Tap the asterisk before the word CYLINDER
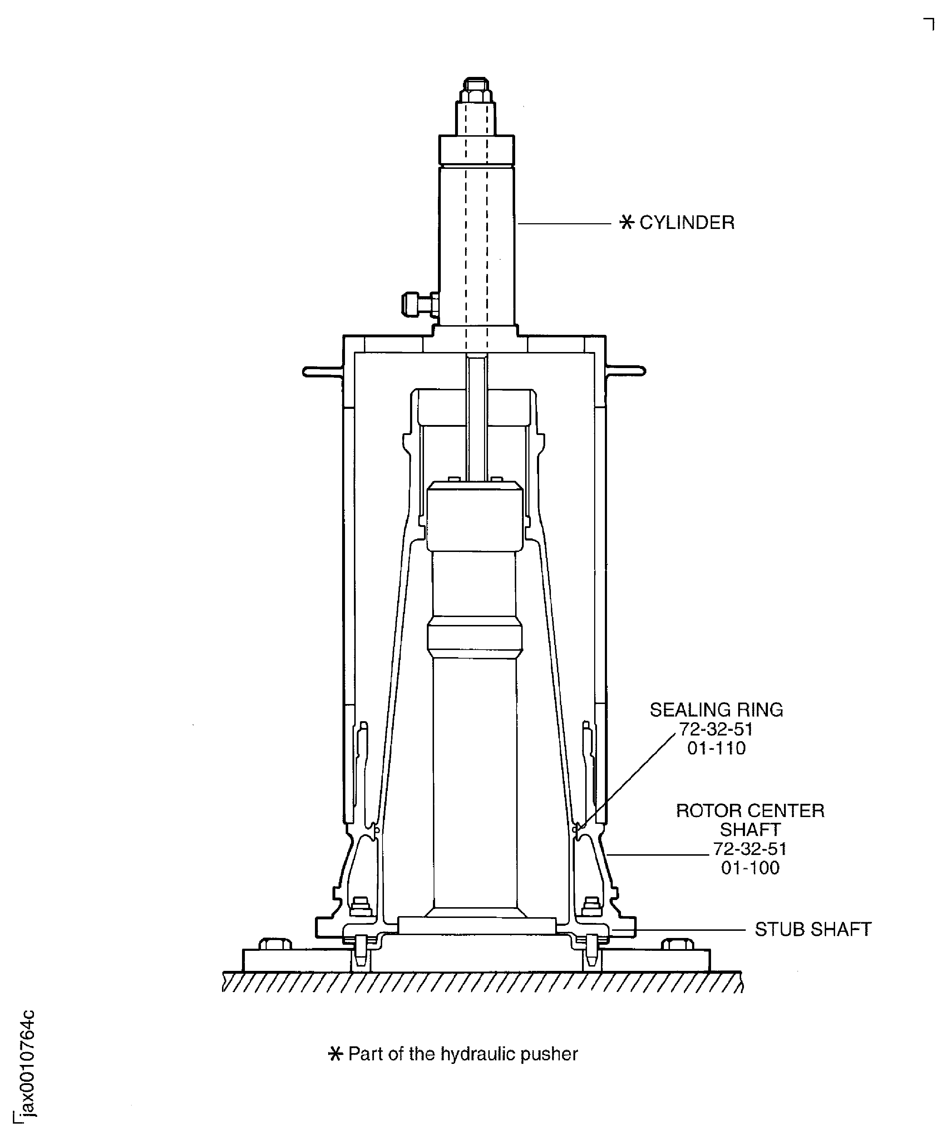[626, 223]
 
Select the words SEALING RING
[716, 710]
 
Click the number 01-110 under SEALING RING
[716, 748]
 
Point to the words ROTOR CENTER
[750, 811]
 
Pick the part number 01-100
[750, 868]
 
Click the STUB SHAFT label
[812, 930]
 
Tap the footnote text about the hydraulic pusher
[463, 1054]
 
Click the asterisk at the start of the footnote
[336, 1054]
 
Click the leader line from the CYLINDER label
[564, 223]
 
